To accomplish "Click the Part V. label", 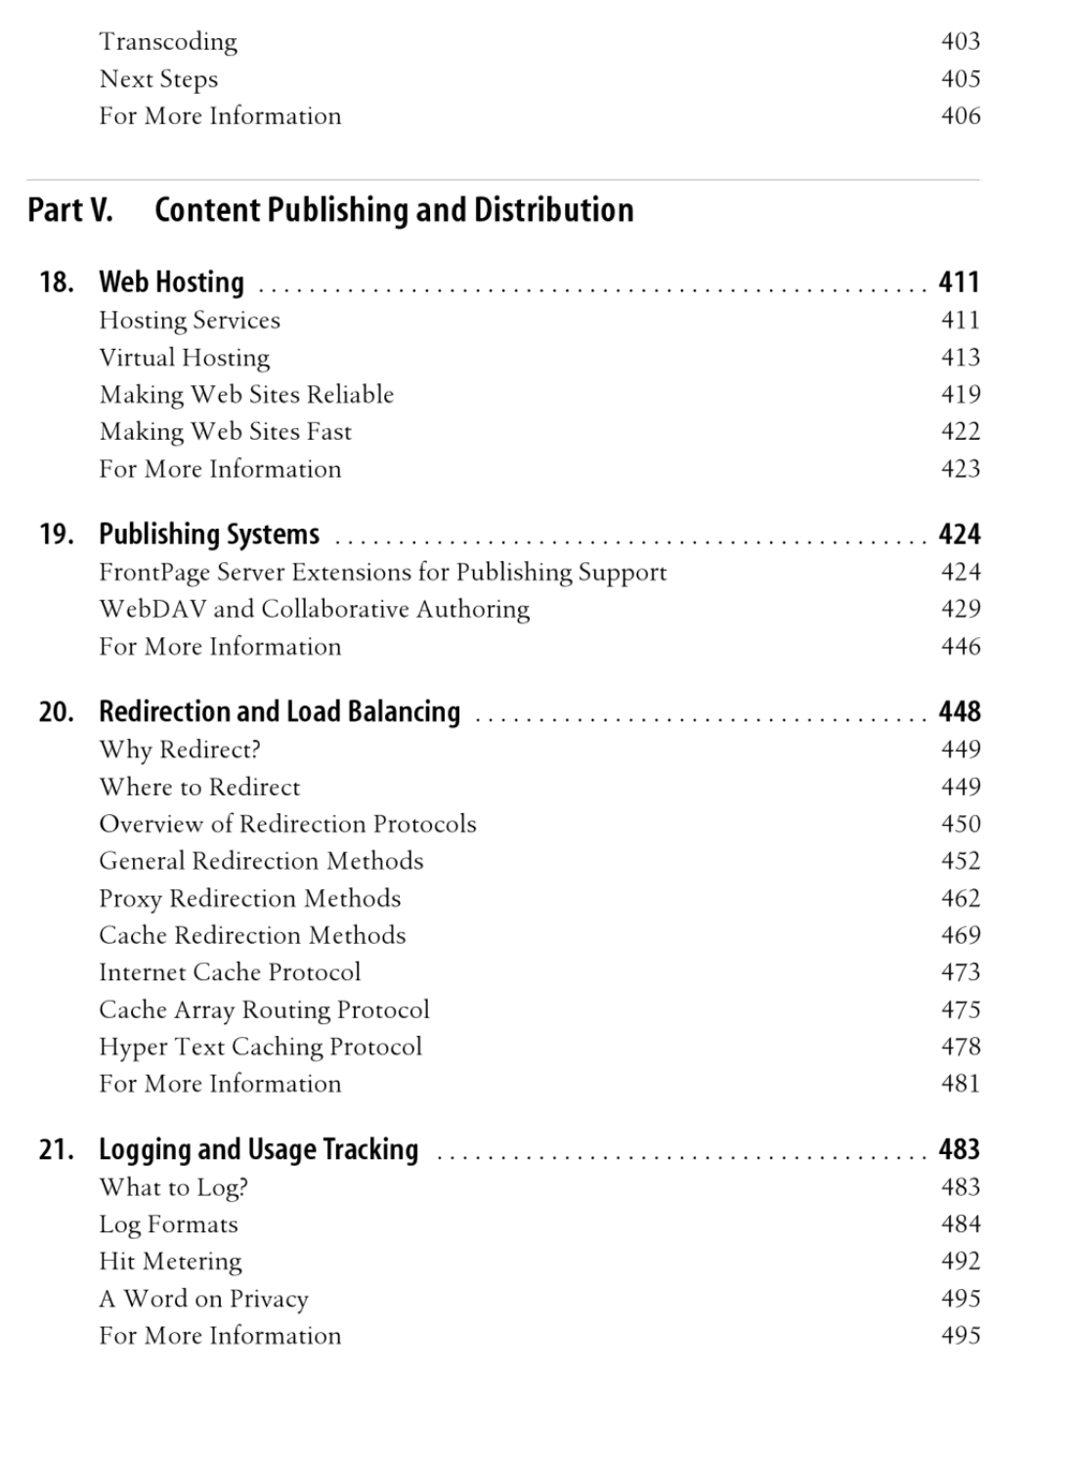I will (x=69, y=210).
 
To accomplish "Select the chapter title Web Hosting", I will (x=171, y=282).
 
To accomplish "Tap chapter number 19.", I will (x=56, y=535).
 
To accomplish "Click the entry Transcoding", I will (x=167, y=42).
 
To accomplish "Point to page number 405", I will (x=960, y=79).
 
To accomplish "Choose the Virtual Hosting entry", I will (x=184, y=358).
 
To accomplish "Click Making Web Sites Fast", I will (x=225, y=432).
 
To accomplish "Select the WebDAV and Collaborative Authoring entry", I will (x=314, y=610).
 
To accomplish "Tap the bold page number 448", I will (x=959, y=711).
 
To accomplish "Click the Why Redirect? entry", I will (x=179, y=750).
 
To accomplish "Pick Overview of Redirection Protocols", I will (x=287, y=824).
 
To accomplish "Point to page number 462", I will (x=960, y=898).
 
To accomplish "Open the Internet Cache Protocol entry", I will (x=230, y=972).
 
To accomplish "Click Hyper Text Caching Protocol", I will (x=260, y=1047).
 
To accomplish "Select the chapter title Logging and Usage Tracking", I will (x=258, y=1149).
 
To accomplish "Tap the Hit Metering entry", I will (x=170, y=1262).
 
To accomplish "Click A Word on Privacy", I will (x=203, y=1299).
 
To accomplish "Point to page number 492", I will (x=960, y=1262).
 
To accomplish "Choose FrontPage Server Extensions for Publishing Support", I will (x=382, y=573).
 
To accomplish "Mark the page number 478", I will (x=960, y=1047).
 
